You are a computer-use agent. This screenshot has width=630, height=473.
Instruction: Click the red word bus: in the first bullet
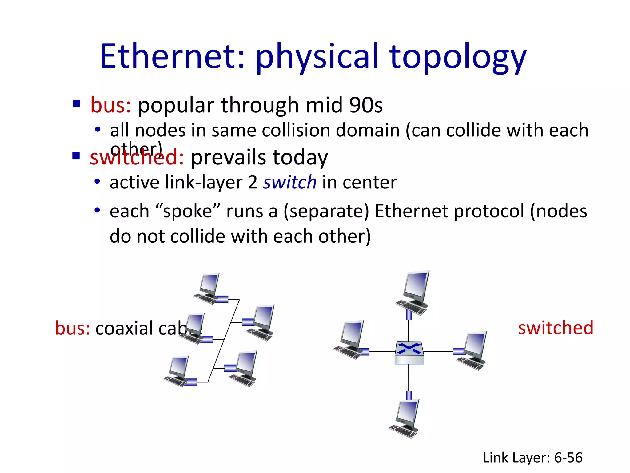pos(110,105)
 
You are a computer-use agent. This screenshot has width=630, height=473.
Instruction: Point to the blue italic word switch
pos(289,182)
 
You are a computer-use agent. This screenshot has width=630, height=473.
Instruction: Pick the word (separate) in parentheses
pos(326,212)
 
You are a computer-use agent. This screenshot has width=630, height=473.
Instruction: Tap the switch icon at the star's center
pos(409,353)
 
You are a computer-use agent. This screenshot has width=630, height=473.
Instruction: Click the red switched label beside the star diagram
pos(556,328)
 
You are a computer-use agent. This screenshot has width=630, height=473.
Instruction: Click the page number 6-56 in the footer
pos(568,458)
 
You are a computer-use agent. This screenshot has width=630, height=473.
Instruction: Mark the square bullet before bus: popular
pos(76,103)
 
